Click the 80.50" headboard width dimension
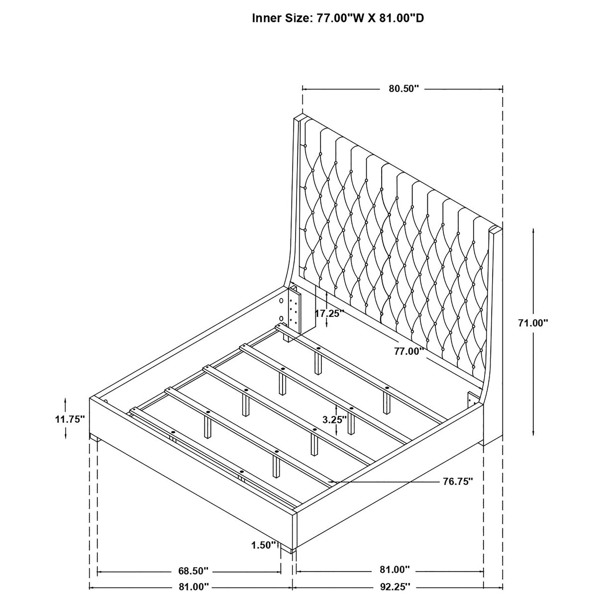coord(403,89)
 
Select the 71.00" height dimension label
coord(533,323)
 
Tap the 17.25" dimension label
coord(330,313)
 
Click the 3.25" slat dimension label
coord(334,419)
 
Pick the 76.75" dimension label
coord(457,481)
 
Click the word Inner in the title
coord(266,18)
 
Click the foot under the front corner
coord(288,550)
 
